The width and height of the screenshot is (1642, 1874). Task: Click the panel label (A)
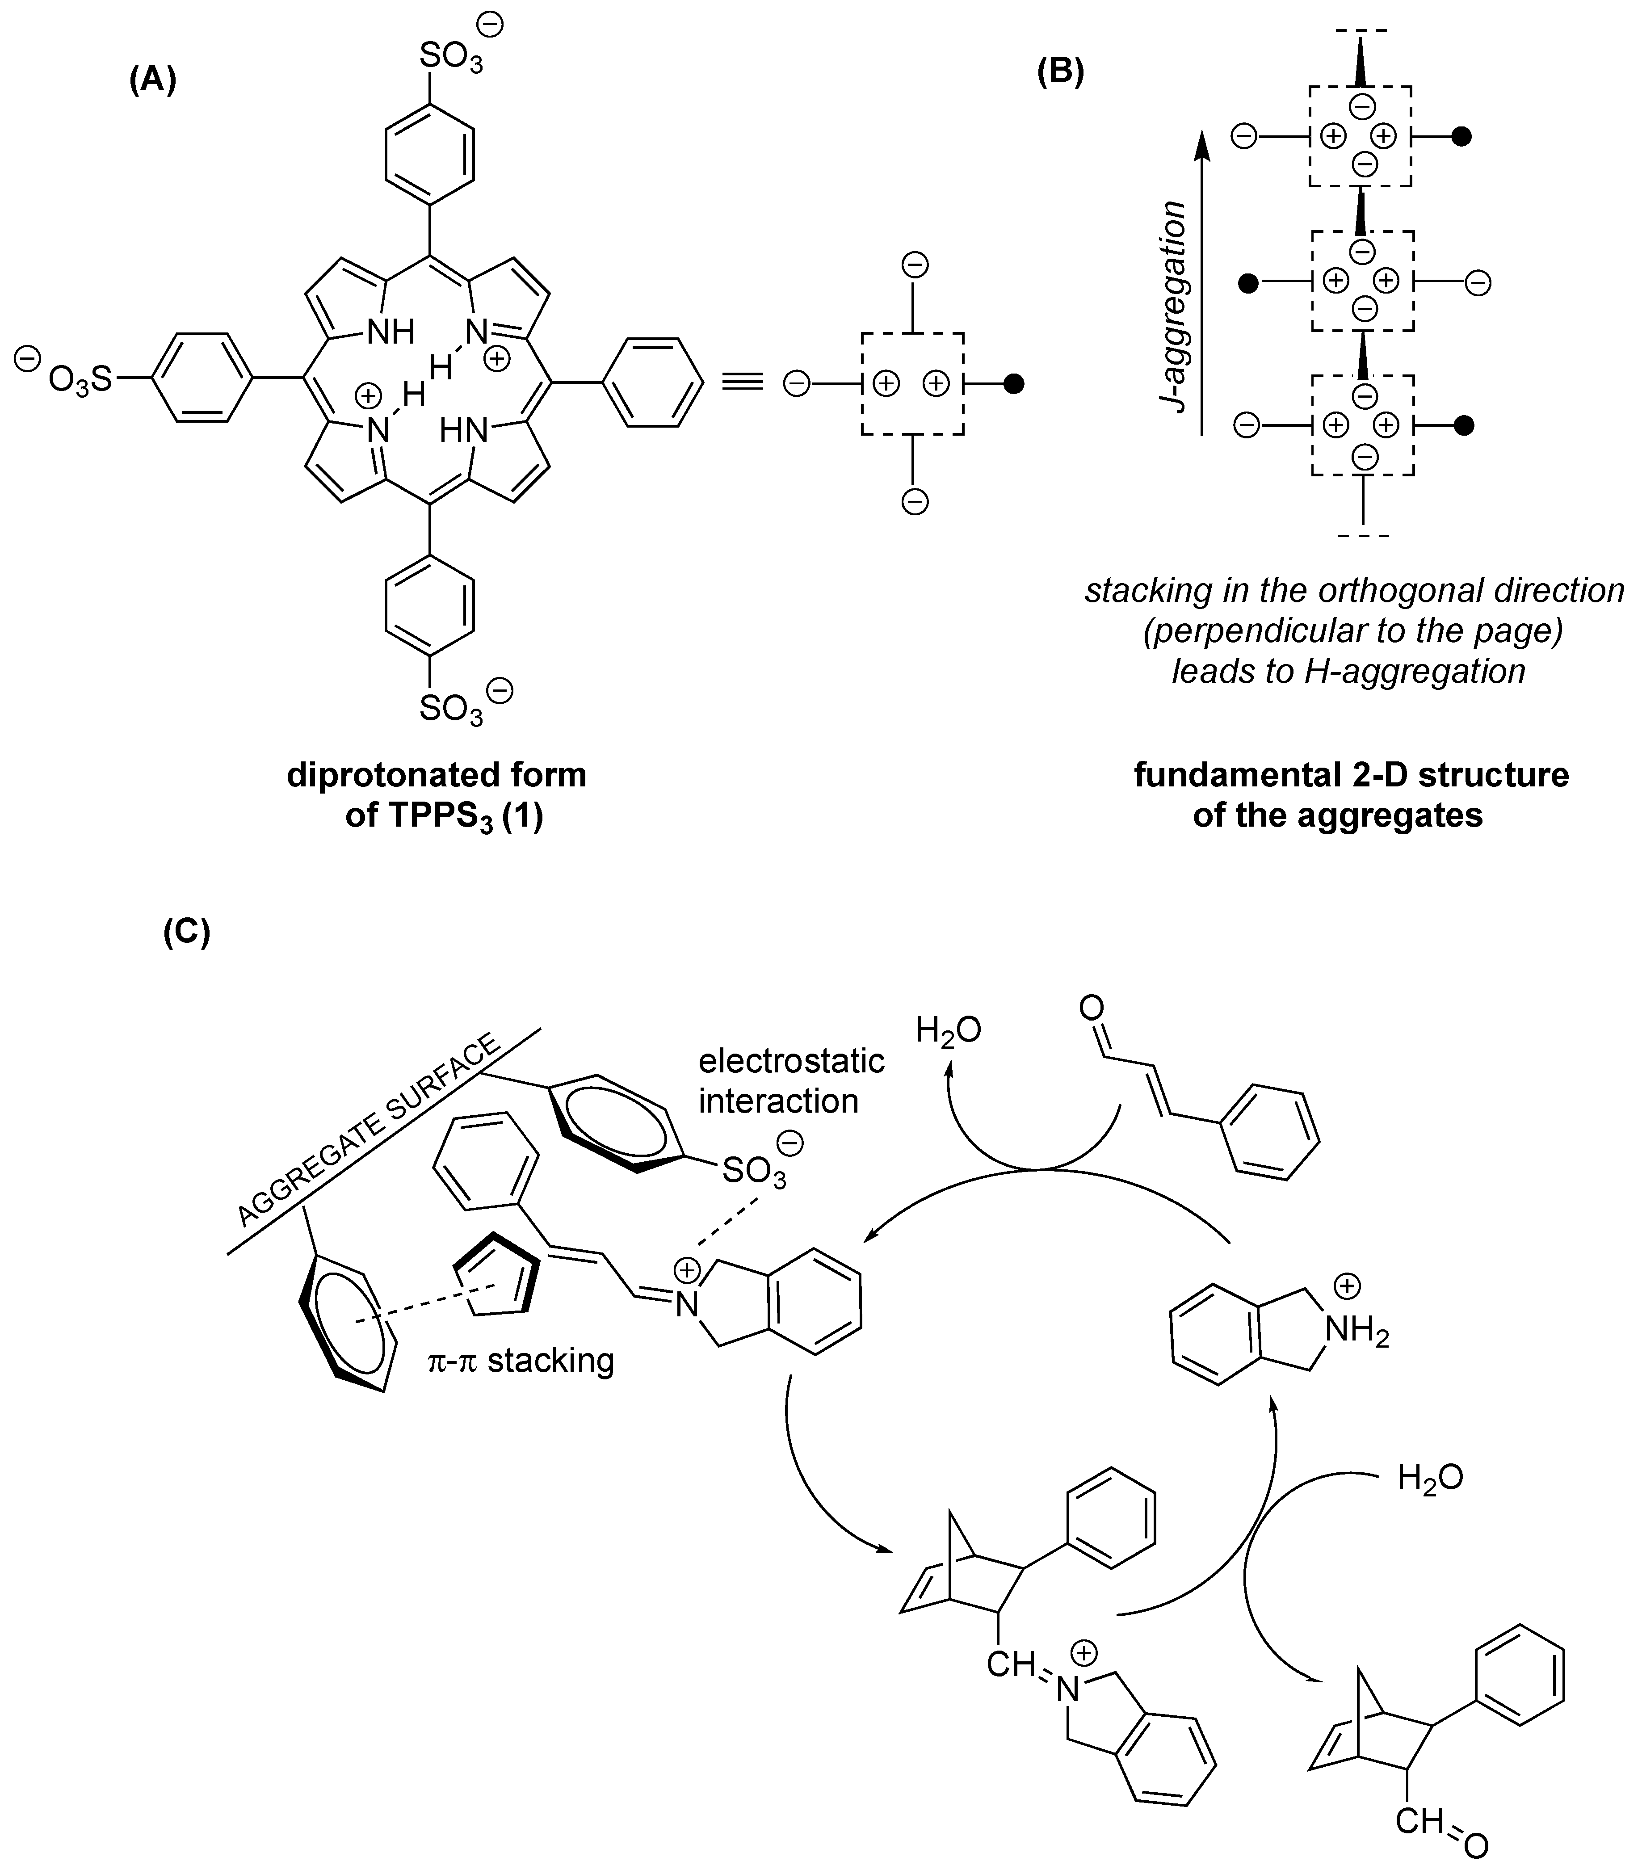[x=152, y=80]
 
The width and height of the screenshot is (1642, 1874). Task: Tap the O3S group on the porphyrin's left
[x=78, y=378]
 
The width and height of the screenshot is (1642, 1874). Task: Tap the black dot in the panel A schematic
[x=1013, y=385]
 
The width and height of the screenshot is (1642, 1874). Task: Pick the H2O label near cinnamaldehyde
[x=948, y=1030]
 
